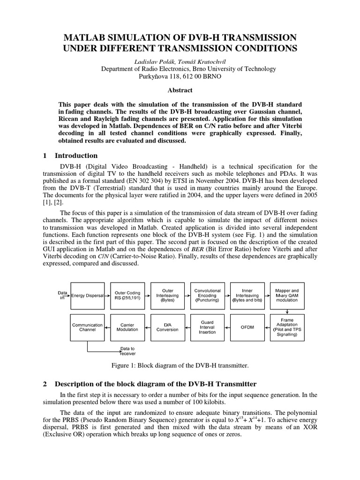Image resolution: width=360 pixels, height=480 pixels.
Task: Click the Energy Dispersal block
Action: [x=87, y=296]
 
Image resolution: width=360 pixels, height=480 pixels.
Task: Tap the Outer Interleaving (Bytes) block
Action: [x=167, y=296]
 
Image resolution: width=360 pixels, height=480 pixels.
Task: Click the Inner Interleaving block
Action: [x=247, y=296]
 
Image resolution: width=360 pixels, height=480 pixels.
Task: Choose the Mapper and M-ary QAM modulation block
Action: [x=287, y=296]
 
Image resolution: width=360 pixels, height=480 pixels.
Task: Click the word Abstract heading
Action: [x=180, y=90]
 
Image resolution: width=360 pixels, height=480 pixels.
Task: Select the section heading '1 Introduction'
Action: [x=70, y=156]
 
